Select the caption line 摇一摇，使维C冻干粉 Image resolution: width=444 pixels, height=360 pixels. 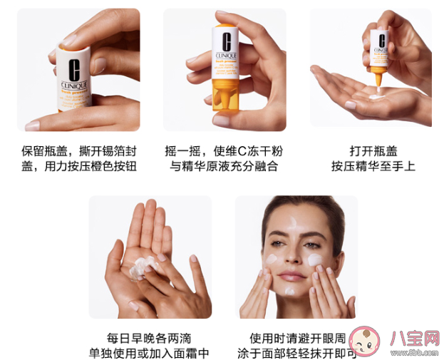[x=224, y=151]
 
